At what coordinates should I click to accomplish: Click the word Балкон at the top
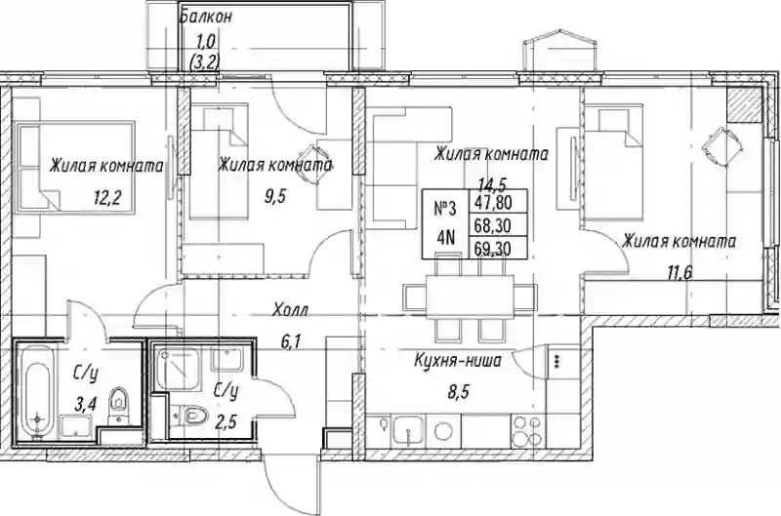(x=206, y=17)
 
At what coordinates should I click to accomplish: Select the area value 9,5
(x=275, y=198)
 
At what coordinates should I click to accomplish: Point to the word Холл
(x=290, y=310)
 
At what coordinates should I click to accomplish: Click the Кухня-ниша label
(x=458, y=360)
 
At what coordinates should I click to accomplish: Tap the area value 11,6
(x=679, y=273)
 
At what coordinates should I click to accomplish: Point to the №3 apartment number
(x=445, y=209)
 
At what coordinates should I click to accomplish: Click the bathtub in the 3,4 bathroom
(x=36, y=392)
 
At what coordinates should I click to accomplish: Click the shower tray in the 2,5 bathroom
(x=178, y=368)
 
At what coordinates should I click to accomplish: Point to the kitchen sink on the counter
(x=407, y=430)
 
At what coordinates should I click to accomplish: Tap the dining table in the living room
(x=470, y=297)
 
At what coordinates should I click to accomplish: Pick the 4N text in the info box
(x=446, y=238)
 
